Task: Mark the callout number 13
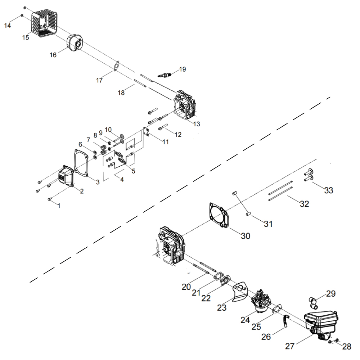click(196, 124)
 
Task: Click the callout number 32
click(304, 204)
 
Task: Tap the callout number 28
click(346, 346)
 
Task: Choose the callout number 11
click(165, 142)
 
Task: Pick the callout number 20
click(186, 287)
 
